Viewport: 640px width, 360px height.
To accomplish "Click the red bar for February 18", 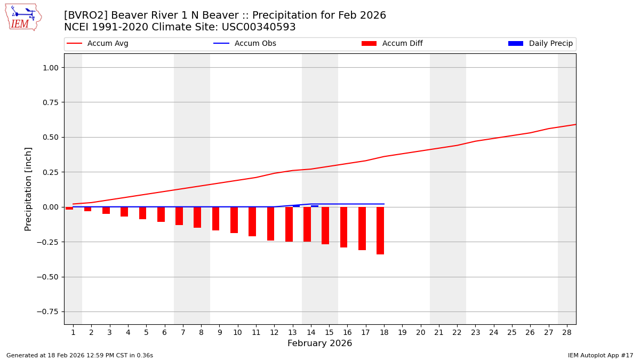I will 380,230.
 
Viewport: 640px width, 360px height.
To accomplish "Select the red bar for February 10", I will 234,220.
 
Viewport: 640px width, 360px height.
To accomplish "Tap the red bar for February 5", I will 142,213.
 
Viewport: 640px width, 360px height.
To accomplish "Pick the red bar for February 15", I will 325,226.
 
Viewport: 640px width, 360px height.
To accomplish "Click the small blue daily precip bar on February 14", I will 315,206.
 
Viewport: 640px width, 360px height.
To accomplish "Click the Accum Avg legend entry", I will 98,44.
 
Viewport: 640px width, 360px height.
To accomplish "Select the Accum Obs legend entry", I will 245,44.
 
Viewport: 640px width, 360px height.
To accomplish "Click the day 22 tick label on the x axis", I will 457,332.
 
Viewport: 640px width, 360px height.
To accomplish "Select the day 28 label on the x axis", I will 566,332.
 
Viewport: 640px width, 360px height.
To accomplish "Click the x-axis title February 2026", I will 319,343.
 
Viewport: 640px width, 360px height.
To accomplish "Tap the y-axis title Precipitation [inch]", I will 29,189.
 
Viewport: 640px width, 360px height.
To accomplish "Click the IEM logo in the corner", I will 23,17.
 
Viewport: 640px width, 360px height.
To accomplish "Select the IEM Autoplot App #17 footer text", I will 600,355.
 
